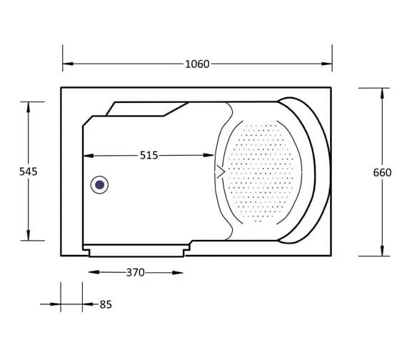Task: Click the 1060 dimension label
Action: (x=197, y=64)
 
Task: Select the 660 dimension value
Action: (x=382, y=172)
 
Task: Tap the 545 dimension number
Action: (x=29, y=171)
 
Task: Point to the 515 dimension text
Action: (x=149, y=155)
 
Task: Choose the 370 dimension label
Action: (x=135, y=272)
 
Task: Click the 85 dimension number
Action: (x=106, y=304)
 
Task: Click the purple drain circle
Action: (x=100, y=185)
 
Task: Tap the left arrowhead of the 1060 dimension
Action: (x=68, y=64)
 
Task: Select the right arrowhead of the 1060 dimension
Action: (x=326, y=64)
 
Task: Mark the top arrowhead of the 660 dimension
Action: (x=382, y=94)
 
